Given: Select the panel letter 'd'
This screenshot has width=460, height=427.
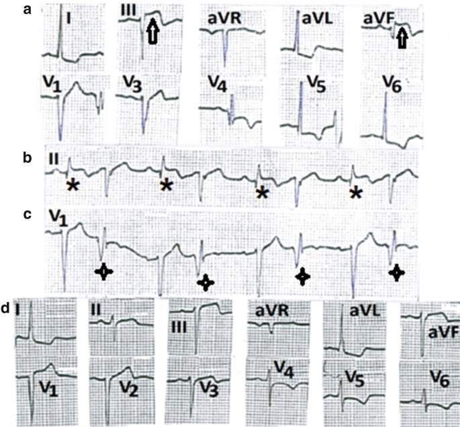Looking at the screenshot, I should click(x=6, y=309).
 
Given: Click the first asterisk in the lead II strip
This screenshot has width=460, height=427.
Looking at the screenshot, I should click(x=72, y=186).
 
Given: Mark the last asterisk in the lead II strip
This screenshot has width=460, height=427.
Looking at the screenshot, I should click(x=356, y=193).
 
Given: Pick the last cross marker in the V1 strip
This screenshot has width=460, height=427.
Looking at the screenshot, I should click(x=397, y=272).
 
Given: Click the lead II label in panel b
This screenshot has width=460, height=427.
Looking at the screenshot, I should click(x=56, y=159).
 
